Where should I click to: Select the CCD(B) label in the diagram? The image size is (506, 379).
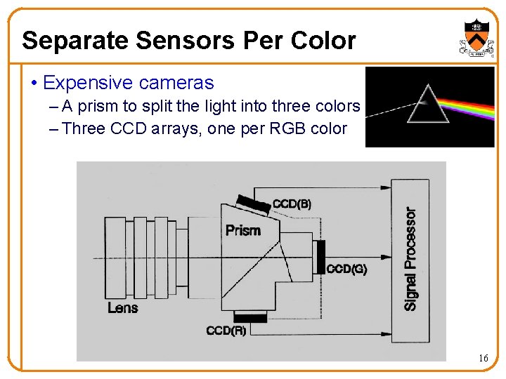[x=292, y=204]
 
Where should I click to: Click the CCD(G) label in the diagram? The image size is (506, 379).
[x=346, y=268]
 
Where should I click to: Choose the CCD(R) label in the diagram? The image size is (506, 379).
[x=226, y=330]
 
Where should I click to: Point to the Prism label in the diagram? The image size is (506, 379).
[x=243, y=230]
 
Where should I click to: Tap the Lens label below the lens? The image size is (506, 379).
[x=123, y=307]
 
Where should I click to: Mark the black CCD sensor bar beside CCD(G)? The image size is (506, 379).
[x=321, y=256]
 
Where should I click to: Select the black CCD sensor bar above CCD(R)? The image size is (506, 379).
[x=251, y=317]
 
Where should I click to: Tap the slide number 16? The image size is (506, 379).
[x=483, y=358]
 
